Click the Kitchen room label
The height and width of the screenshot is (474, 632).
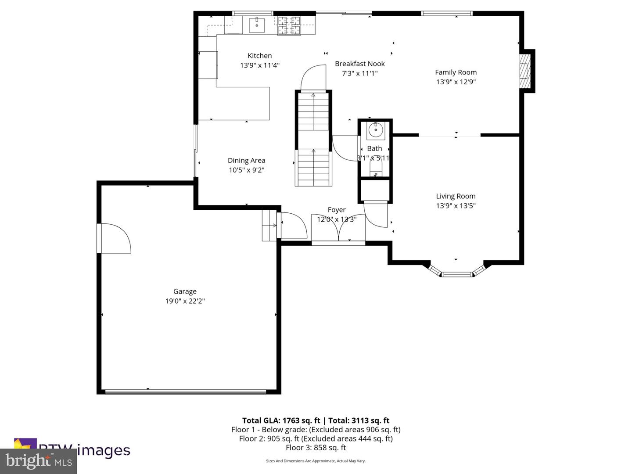259,56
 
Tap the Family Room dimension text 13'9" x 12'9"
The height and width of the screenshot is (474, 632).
456,82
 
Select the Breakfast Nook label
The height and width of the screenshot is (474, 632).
359,64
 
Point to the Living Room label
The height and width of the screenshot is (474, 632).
456,196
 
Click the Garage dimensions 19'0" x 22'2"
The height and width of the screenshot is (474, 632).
185,301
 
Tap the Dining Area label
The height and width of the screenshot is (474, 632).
246,161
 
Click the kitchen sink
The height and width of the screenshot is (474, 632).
257,25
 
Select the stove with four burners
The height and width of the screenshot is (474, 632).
289,25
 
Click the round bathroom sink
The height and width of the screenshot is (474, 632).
376,130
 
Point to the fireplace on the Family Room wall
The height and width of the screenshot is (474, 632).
525,71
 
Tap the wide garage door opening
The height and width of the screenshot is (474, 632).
185,391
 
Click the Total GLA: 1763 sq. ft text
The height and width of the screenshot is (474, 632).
281,420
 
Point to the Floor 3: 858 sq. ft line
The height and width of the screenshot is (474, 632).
316,448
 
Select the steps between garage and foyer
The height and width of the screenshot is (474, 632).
269,226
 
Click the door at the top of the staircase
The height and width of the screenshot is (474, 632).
313,78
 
